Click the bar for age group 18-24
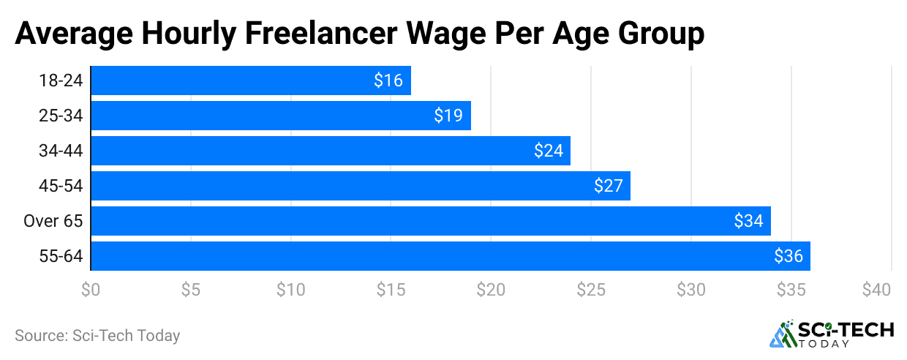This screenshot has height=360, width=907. coord(250,80)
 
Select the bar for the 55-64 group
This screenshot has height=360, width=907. coord(450,256)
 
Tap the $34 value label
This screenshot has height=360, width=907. coord(748,221)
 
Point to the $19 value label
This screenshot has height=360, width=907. coord(448,116)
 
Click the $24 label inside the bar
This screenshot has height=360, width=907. coord(548,151)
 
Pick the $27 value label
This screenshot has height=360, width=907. coord(608,186)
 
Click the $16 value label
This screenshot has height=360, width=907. coord(388,80)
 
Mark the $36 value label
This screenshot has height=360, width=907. coord(788,256)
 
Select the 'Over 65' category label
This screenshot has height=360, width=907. coord(53,221)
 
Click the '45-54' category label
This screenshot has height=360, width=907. coord(61,186)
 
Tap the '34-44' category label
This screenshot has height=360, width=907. coord(61,151)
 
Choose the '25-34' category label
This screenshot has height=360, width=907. coord(61,116)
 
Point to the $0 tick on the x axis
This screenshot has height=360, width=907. coord(91,290)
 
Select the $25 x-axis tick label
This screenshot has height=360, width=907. coord(591,290)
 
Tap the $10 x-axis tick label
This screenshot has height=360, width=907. coord(290,290)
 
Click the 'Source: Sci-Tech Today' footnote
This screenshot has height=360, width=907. coord(97,336)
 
